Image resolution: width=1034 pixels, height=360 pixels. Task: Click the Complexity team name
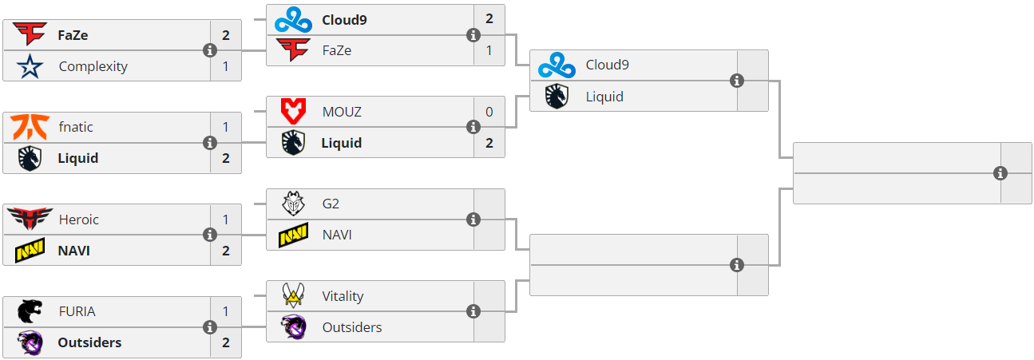click(x=93, y=66)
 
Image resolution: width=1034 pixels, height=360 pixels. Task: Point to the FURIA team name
click(x=77, y=311)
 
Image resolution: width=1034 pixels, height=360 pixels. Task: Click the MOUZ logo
click(x=294, y=112)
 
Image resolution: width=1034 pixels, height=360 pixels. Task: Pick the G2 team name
click(x=331, y=204)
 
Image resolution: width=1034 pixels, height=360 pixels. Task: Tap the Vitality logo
click(x=294, y=296)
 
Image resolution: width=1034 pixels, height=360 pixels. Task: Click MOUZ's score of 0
click(x=489, y=112)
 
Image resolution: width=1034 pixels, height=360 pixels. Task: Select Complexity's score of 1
click(x=226, y=66)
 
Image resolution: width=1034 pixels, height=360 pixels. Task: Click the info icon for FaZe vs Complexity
click(x=210, y=50)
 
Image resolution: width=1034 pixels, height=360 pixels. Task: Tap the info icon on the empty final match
click(x=1000, y=173)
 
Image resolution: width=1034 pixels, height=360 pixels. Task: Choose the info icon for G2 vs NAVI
click(x=473, y=220)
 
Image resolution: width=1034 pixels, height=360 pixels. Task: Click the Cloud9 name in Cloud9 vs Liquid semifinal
click(x=607, y=65)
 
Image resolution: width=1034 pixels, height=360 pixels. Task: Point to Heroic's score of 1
click(x=226, y=220)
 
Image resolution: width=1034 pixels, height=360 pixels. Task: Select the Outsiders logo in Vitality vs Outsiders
click(x=294, y=327)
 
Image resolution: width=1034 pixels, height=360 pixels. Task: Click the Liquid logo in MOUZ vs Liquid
click(x=294, y=143)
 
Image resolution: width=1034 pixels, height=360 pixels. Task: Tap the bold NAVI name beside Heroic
click(x=73, y=251)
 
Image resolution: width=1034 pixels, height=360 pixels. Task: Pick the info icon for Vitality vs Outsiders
click(x=473, y=311)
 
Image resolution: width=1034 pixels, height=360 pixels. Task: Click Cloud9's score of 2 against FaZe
click(x=489, y=19)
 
